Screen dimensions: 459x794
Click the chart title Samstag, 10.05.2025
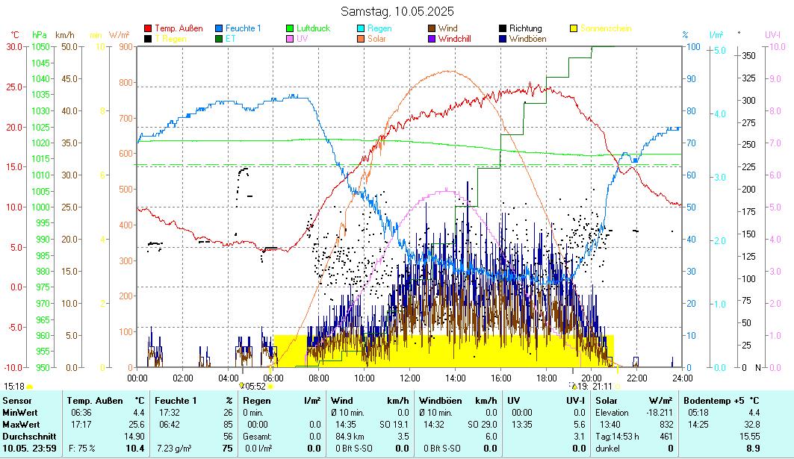pos(397,11)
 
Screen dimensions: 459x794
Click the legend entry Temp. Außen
pos(179,28)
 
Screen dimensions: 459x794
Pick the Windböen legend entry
pos(527,39)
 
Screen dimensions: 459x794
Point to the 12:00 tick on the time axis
pos(409,378)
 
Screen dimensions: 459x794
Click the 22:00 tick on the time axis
pos(636,378)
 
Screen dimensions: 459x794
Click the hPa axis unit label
pos(40,34)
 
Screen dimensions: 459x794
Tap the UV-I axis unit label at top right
pos(772,34)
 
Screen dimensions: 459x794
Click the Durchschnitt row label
pos(27,436)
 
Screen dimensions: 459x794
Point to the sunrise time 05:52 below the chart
pos(255,387)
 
